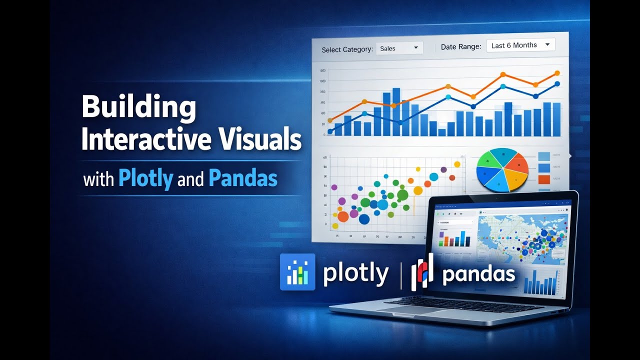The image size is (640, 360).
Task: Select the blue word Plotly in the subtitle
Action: (145, 179)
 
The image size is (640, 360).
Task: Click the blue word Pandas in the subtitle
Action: (243, 179)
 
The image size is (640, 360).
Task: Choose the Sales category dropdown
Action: (399, 48)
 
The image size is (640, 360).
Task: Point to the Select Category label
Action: (347, 49)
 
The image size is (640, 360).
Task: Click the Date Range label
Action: (460, 47)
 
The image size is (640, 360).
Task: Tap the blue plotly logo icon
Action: (297, 272)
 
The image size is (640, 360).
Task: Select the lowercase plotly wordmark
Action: (355, 274)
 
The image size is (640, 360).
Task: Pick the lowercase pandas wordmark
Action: (478, 274)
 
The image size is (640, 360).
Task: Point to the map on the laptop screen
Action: (522, 237)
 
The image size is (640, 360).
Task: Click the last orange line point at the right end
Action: (557, 73)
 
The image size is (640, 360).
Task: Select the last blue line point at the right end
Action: (557, 84)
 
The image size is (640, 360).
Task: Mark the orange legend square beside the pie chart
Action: (543, 179)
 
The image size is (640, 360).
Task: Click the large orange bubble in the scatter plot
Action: (343, 216)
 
